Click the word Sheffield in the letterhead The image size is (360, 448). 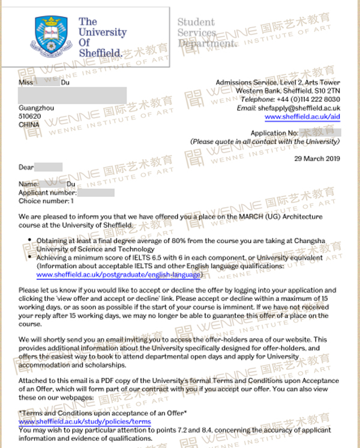[x=100, y=52]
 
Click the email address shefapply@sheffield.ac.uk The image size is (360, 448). [x=299, y=107]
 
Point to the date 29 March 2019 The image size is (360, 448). [x=317, y=159]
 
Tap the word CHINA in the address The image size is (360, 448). [x=29, y=125]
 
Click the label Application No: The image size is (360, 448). [x=274, y=132]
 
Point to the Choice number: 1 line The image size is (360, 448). [x=47, y=201]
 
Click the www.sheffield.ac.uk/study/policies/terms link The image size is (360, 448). [x=85, y=422]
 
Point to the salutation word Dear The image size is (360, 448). [x=26, y=167]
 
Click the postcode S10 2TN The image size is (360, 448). [x=327, y=91]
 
